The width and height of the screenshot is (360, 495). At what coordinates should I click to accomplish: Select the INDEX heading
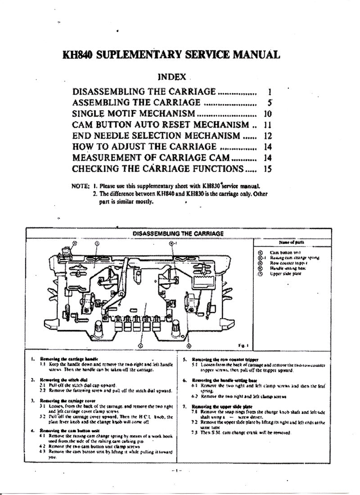(x=173, y=77)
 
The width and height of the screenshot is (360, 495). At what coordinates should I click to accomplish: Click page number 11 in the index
(x=267, y=124)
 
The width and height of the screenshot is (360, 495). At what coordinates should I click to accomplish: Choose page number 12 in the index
(x=267, y=135)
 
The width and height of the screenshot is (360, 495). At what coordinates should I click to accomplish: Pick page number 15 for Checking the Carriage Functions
(x=267, y=169)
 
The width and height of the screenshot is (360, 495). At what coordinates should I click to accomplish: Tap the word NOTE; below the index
(x=81, y=185)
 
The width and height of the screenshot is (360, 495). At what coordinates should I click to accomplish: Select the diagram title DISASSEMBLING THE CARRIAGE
(x=178, y=233)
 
